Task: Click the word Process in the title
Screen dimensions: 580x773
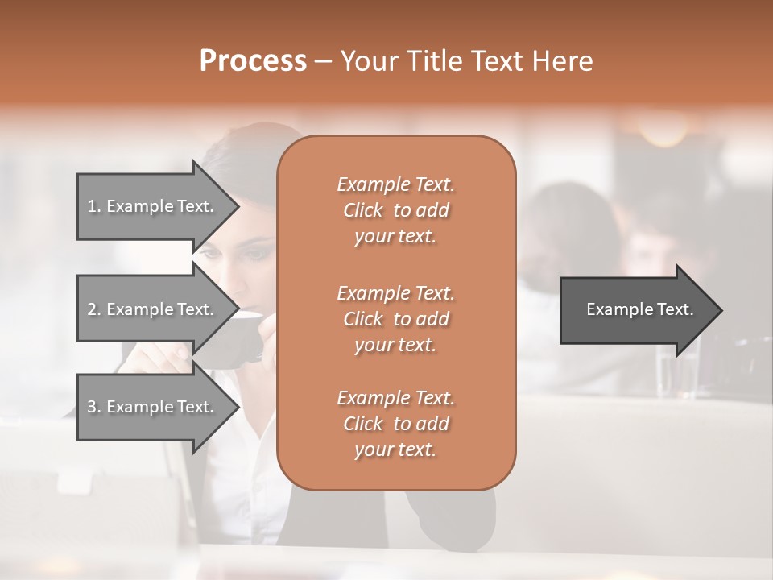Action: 253,61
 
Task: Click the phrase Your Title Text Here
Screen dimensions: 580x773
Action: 466,61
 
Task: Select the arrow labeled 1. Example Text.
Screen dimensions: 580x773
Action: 153,206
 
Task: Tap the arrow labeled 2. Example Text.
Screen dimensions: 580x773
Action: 153,309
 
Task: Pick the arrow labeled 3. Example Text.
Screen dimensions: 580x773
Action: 153,407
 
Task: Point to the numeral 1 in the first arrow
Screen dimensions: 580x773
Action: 92,206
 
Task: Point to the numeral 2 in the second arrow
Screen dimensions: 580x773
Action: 92,309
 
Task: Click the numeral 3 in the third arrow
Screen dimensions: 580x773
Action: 92,407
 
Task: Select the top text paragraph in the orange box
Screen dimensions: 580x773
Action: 395,210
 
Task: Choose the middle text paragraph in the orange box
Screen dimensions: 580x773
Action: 395,318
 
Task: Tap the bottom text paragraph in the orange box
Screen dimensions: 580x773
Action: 395,424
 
